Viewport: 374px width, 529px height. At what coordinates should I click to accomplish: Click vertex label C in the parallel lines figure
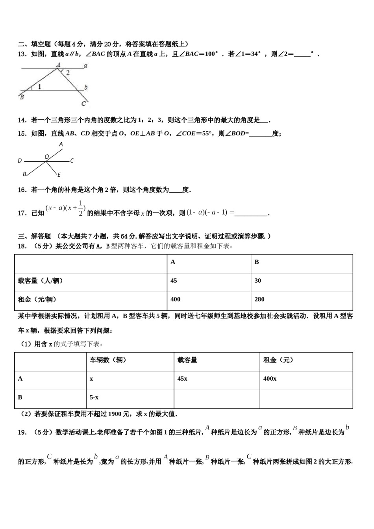pos(83,104)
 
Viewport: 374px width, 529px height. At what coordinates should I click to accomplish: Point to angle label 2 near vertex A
pos(68,72)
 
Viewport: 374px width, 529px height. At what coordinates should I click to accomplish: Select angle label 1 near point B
pos(39,87)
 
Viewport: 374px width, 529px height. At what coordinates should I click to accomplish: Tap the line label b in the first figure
pos(86,87)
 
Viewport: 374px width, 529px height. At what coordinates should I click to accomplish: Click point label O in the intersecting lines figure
pos(46,157)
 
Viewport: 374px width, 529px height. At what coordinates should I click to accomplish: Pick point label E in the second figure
pos(59,175)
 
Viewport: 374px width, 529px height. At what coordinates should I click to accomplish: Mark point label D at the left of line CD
pos(20,161)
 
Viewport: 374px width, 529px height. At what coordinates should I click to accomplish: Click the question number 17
pos(22,213)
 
